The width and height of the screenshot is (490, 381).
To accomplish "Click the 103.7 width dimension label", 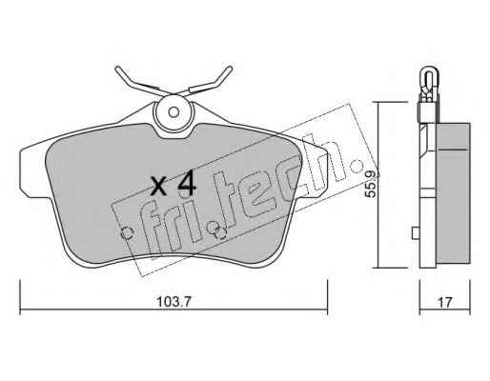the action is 174,302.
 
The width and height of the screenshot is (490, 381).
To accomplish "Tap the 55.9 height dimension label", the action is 371,184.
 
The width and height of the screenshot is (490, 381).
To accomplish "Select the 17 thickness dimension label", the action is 445,302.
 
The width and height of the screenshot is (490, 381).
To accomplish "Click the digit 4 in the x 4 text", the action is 187,183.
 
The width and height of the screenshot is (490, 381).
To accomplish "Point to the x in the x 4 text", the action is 158,187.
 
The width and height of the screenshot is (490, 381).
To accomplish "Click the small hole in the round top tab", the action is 174,112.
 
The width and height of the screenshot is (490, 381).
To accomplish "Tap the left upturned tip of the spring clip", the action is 117,69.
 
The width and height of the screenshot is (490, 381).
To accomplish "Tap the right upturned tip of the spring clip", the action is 230,69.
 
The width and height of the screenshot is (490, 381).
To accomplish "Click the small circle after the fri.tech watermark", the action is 357,165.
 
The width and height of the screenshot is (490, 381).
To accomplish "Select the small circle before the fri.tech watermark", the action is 127,233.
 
